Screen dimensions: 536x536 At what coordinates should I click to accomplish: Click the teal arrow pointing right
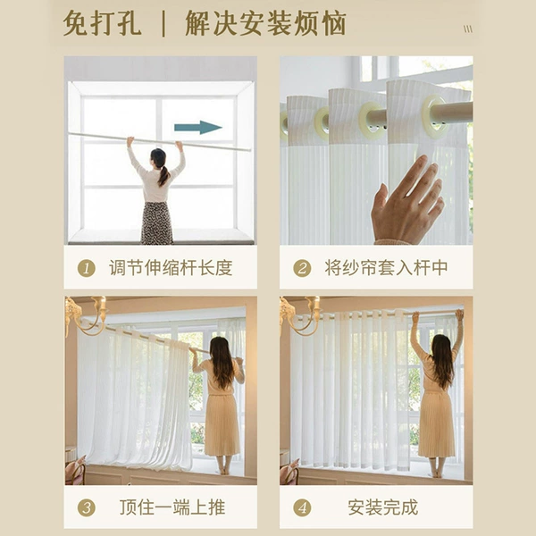tap(198, 128)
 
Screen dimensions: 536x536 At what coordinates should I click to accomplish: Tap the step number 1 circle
tap(86, 268)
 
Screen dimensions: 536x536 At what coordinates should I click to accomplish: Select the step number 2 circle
tap(302, 268)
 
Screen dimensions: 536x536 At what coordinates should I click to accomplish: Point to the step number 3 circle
tap(86, 507)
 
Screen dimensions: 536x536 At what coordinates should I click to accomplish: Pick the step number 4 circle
tap(302, 507)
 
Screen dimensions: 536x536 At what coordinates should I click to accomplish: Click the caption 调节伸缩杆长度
tap(171, 268)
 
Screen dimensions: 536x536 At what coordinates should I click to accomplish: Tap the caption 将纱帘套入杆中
tap(386, 268)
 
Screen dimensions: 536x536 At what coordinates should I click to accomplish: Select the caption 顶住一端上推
tap(172, 507)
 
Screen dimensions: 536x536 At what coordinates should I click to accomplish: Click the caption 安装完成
tap(383, 507)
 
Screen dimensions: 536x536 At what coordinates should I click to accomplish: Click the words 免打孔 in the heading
tap(102, 23)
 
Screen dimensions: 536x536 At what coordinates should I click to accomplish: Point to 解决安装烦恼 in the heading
tap(265, 23)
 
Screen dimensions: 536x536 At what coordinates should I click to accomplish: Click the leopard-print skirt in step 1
tap(157, 222)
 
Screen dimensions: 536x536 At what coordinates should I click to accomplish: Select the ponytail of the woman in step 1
tap(163, 175)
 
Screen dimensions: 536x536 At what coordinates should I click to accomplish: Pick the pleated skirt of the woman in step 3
tap(222, 425)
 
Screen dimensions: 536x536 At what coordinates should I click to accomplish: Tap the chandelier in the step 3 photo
tap(87, 316)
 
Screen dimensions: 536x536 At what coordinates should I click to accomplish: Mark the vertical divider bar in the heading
tap(163, 23)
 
